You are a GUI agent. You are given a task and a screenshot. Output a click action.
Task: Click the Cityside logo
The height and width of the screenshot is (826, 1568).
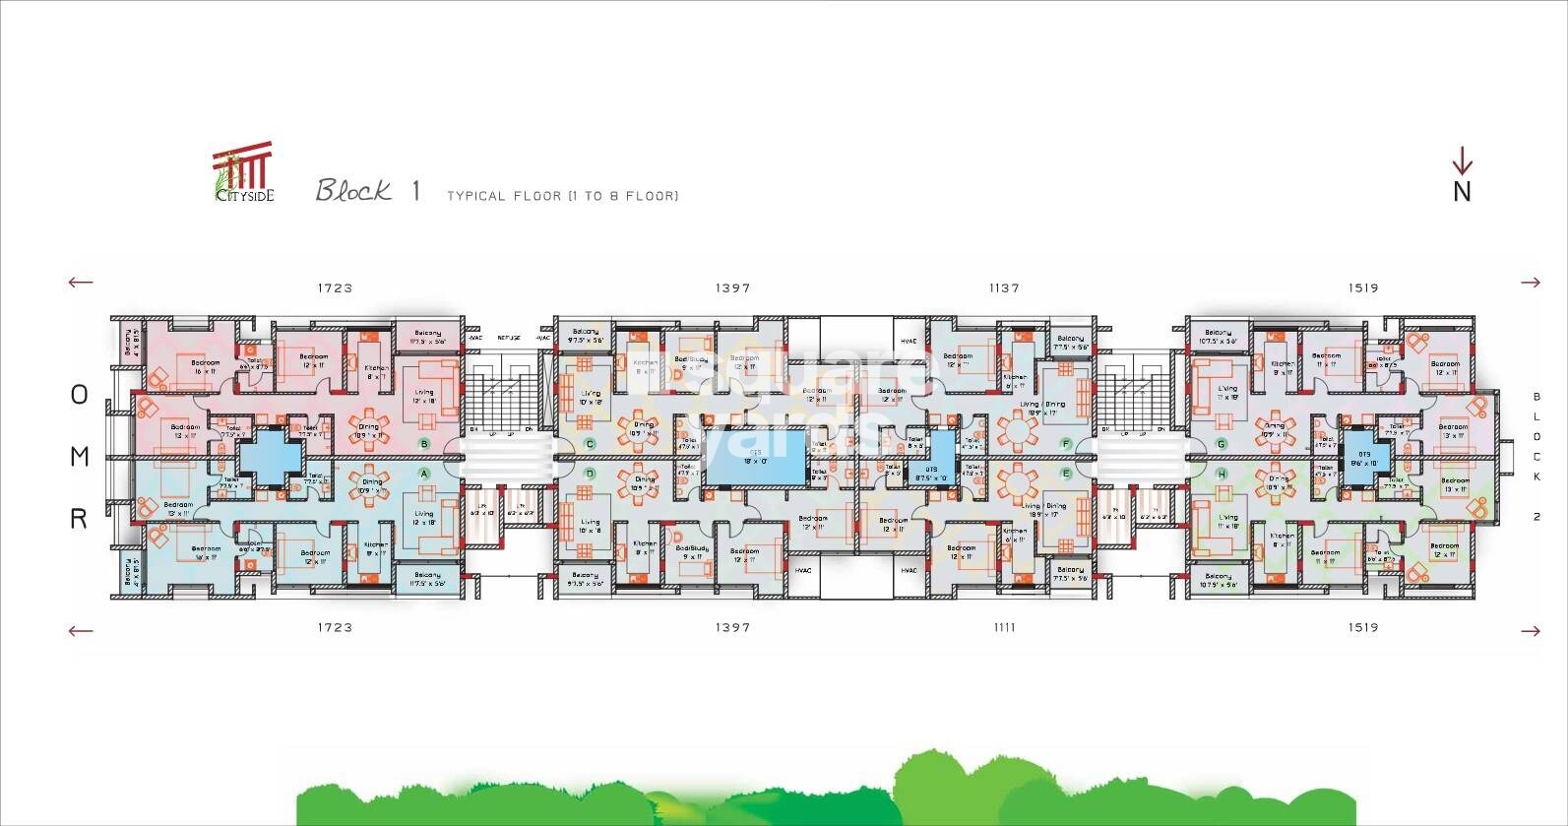243,172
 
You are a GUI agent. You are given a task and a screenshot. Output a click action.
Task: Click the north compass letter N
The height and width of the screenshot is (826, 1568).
1462,191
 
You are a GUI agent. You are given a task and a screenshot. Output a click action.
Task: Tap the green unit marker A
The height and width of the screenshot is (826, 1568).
425,474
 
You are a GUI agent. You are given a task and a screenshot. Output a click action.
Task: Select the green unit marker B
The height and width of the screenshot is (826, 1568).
424,444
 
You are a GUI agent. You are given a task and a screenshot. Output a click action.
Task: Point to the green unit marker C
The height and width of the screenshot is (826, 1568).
591,444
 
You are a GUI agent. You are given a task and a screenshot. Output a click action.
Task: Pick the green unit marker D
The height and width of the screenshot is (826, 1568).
591,474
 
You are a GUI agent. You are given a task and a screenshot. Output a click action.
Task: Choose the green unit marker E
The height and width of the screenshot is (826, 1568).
1065,474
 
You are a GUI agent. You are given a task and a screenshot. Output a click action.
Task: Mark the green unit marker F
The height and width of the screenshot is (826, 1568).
1065,444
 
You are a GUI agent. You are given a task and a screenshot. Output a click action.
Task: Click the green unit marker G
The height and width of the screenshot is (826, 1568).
1222,444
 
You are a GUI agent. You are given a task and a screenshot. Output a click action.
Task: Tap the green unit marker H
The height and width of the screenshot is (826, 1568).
1222,474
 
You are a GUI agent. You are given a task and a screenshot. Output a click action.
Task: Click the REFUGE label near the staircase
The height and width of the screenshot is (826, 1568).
509,338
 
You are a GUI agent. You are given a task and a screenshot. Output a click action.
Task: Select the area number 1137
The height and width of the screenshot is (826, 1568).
1004,288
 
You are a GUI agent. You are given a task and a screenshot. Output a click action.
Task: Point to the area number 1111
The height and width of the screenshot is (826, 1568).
1004,627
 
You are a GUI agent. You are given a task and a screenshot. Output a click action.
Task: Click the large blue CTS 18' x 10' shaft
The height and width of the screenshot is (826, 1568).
756,459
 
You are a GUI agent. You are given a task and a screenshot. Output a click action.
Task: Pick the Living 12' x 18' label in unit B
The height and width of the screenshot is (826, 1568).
424,397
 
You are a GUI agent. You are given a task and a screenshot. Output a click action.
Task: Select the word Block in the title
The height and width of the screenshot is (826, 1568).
353,190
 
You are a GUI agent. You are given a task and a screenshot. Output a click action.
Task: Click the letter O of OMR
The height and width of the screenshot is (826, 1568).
80,395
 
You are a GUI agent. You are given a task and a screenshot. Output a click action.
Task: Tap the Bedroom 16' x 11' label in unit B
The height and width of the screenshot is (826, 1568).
205,367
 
